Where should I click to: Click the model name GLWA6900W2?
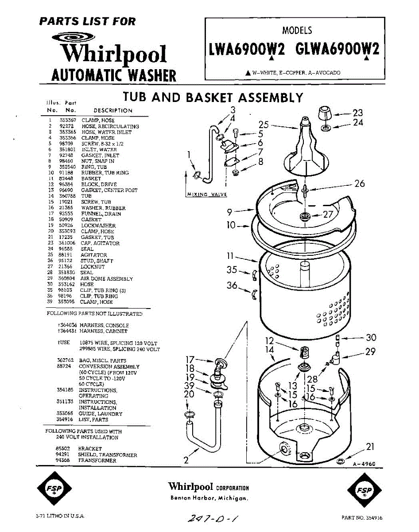coord(338,49)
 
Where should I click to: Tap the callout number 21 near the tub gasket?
coord(370,446)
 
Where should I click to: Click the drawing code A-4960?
coord(364,464)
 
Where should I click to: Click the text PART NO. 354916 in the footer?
coord(362,517)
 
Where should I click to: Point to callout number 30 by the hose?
coord(371,338)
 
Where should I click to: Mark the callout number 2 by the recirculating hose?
coord(186,461)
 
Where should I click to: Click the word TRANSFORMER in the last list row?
coord(97,461)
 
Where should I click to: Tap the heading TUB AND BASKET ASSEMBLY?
coord(213,97)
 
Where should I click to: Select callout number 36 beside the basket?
coord(232,286)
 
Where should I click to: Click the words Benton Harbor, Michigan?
coord(209,498)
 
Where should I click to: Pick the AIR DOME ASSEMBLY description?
coord(107,278)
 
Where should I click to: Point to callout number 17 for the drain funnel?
coord(190,360)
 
